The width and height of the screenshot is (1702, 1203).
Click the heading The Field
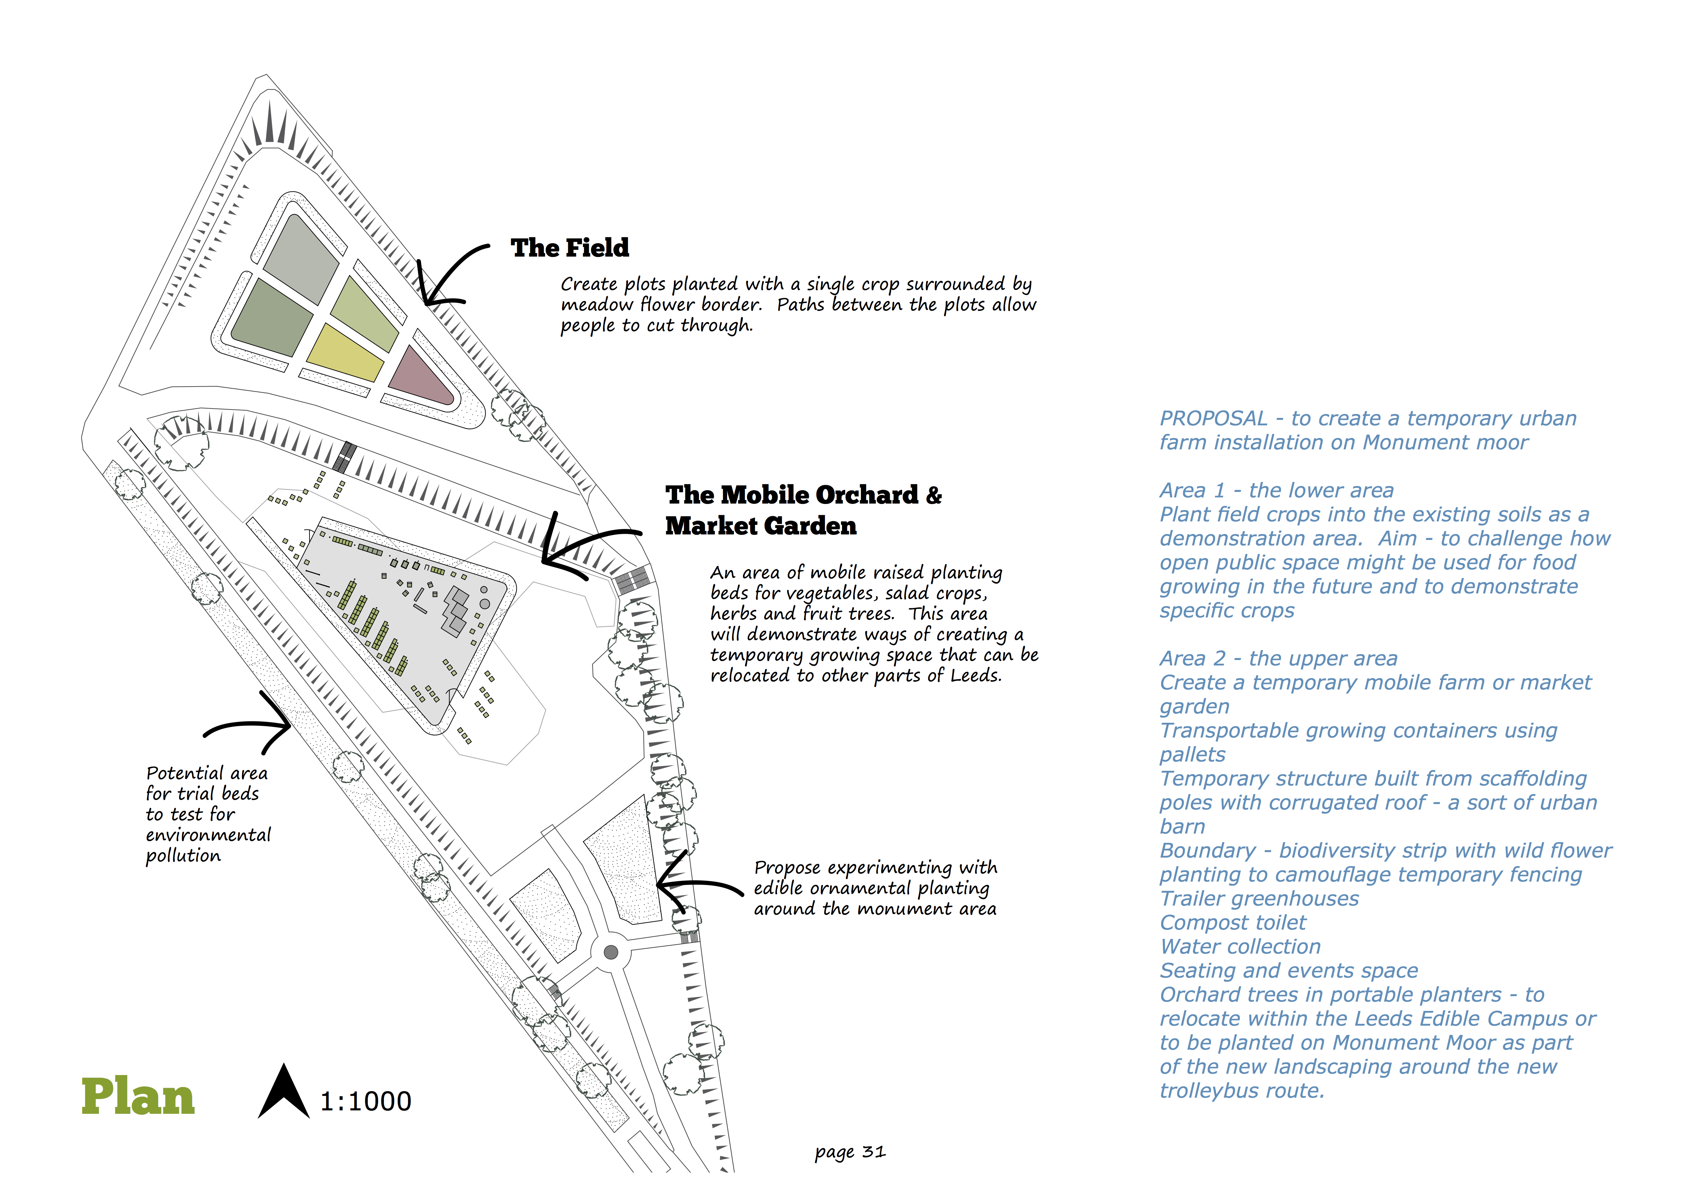point(569,248)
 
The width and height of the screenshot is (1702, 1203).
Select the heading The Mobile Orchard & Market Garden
point(803,510)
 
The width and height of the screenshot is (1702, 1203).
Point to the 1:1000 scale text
point(365,1101)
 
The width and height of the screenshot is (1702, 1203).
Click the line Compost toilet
point(1233,923)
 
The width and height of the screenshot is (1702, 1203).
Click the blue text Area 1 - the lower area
point(1276,491)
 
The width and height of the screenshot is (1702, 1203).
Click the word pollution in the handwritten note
point(183,856)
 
